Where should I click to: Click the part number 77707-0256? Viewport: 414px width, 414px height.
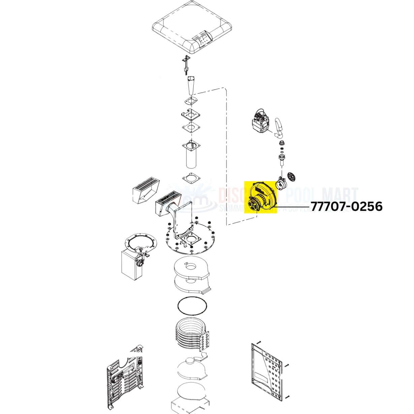[x=346, y=206]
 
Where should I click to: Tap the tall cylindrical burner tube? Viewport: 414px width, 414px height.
[x=191, y=155]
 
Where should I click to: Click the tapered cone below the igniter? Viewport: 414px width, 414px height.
[x=191, y=86]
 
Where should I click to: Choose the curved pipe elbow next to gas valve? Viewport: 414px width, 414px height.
[x=279, y=127]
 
